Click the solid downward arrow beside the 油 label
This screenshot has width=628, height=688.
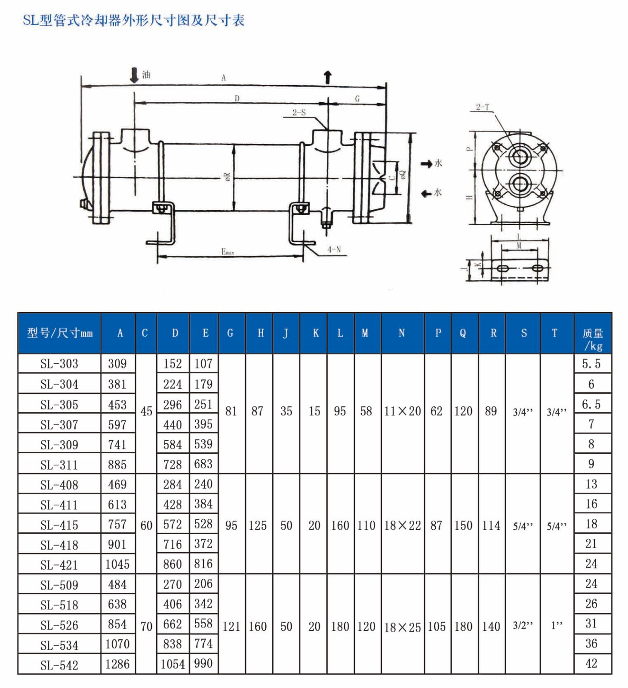(134, 75)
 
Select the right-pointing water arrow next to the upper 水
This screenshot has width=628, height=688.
(426, 164)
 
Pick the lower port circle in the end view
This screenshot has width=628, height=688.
(519, 184)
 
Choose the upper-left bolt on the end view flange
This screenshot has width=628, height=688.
(497, 148)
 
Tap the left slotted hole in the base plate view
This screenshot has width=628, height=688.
(502, 269)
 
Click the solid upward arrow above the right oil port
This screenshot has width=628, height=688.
(328, 77)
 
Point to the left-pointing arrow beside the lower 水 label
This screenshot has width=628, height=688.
(426, 194)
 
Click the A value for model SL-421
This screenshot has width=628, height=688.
(117, 564)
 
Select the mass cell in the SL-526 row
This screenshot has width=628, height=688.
(591, 623)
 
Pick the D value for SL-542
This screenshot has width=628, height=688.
(172, 664)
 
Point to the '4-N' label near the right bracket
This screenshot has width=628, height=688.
(334, 249)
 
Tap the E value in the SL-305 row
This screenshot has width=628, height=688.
(203, 405)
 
